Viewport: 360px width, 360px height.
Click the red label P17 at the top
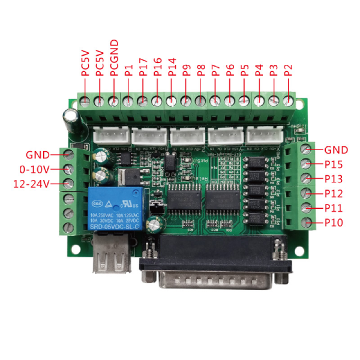(x=142, y=67)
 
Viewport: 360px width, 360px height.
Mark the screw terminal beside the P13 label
(x=307, y=178)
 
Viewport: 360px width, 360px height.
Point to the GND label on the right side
(x=336, y=149)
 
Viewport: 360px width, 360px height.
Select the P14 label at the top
(x=172, y=67)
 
